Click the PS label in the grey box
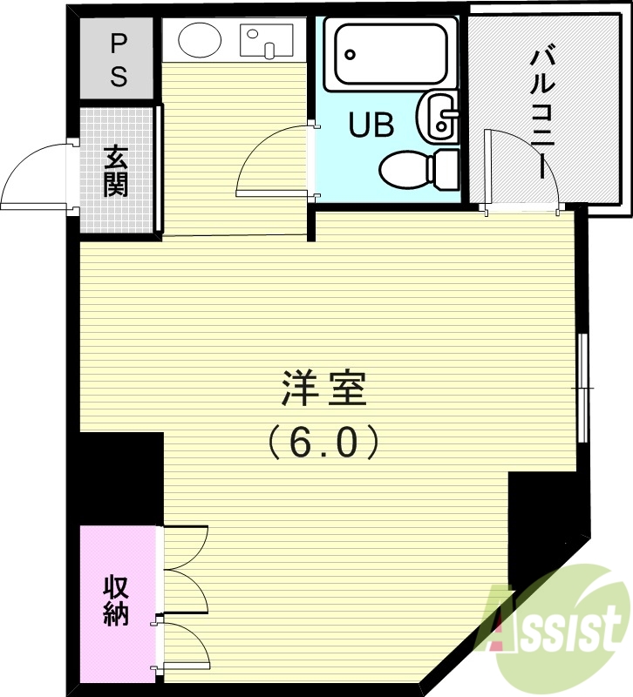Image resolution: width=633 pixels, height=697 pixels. [x=119, y=59]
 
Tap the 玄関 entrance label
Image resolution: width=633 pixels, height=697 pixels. [x=116, y=171]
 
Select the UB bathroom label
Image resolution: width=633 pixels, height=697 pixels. [x=371, y=125]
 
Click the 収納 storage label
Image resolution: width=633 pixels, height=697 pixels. [x=116, y=601]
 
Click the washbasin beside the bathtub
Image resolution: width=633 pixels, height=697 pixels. [x=439, y=118]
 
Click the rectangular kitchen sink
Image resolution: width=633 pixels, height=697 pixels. [x=268, y=41]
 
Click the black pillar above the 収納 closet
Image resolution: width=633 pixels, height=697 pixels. [x=119, y=477]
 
